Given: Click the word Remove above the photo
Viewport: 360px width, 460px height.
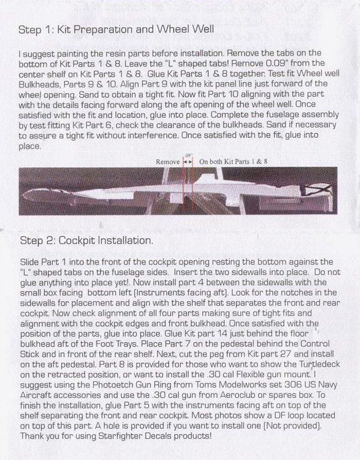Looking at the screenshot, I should tap(168, 162).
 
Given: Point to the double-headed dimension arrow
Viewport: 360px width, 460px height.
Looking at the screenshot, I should tap(187, 162).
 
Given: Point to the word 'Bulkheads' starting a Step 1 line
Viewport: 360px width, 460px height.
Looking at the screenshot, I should tap(38, 84).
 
